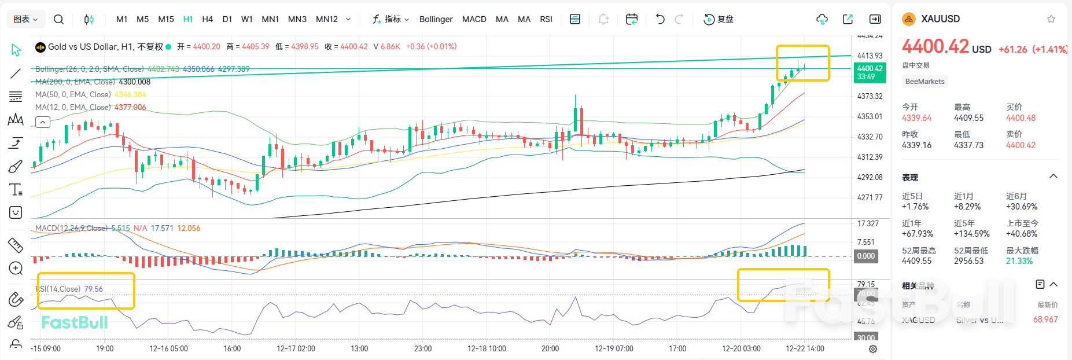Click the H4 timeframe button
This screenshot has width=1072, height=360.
[x=207, y=19]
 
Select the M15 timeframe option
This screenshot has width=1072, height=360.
[x=166, y=19]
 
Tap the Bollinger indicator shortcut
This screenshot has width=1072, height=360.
[x=436, y=19]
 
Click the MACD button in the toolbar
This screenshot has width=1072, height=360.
[x=474, y=19]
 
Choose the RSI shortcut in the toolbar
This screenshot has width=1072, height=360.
[x=546, y=19]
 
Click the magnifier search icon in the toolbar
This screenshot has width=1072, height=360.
[x=58, y=19]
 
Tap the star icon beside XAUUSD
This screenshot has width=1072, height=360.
[x=1051, y=19]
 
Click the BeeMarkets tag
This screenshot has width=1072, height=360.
[x=924, y=82]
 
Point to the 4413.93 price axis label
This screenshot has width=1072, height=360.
[x=870, y=56]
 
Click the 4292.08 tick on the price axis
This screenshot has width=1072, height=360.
[x=870, y=177]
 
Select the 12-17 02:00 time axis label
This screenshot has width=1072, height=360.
[x=296, y=348]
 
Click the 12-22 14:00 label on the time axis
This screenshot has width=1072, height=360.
[x=805, y=348]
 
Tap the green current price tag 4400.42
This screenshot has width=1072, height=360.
[x=870, y=72]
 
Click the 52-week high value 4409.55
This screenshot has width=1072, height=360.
[x=916, y=261]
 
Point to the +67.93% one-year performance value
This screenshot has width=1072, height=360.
[x=917, y=234]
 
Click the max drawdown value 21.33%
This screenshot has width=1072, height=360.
[x=1019, y=261]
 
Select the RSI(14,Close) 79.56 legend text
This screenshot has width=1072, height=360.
[x=70, y=289]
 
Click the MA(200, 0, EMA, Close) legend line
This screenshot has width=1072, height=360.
[x=93, y=82]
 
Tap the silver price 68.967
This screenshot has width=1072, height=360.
[x=1045, y=319]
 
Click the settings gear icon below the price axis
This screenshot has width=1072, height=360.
[x=873, y=349]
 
